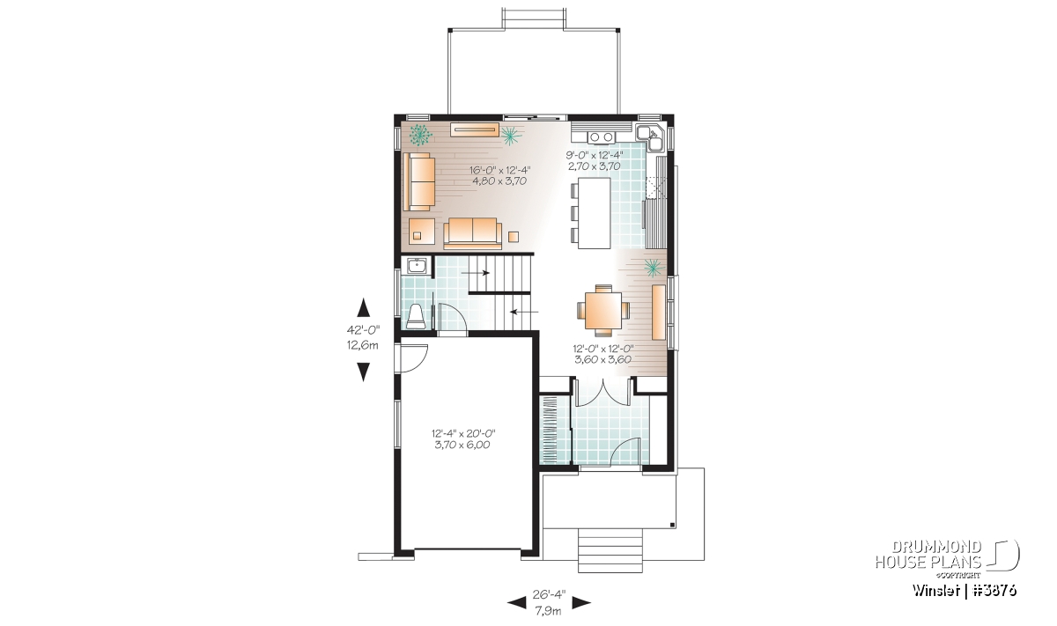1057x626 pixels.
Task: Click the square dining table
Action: (x=603, y=311)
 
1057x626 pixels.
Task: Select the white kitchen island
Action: (x=594, y=213)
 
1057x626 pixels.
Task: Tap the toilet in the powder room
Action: (x=416, y=317)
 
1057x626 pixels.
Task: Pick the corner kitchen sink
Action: (x=651, y=136)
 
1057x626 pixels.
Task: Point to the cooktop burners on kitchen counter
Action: (x=601, y=136)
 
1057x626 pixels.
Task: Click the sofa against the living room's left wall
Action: (x=418, y=181)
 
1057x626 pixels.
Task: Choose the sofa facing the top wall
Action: (x=472, y=233)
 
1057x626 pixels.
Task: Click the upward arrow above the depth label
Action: (x=363, y=307)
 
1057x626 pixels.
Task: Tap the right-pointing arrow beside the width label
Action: (x=581, y=602)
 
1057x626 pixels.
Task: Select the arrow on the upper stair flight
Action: (x=476, y=273)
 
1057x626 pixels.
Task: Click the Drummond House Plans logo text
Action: (x=928, y=555)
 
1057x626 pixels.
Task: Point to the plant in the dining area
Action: (x=654, y=268)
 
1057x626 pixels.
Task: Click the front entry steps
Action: (x=610, y=550)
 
